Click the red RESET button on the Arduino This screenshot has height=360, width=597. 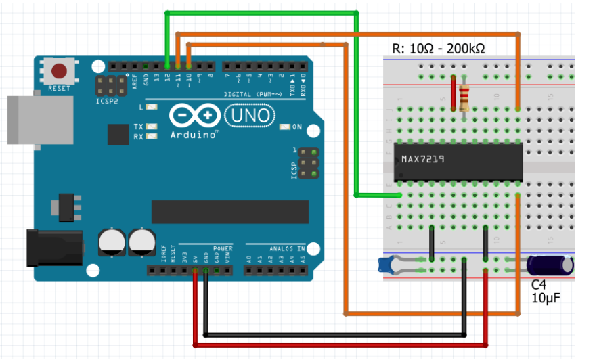click(60, 70)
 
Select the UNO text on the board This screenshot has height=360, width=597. click(250, 116)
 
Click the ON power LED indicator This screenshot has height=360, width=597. click(285, 127)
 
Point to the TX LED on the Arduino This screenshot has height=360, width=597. click(152, 127)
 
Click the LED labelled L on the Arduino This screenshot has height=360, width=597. click(152, 107)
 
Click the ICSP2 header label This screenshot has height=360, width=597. click(107, 101)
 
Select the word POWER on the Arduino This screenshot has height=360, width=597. click(222, 248)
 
